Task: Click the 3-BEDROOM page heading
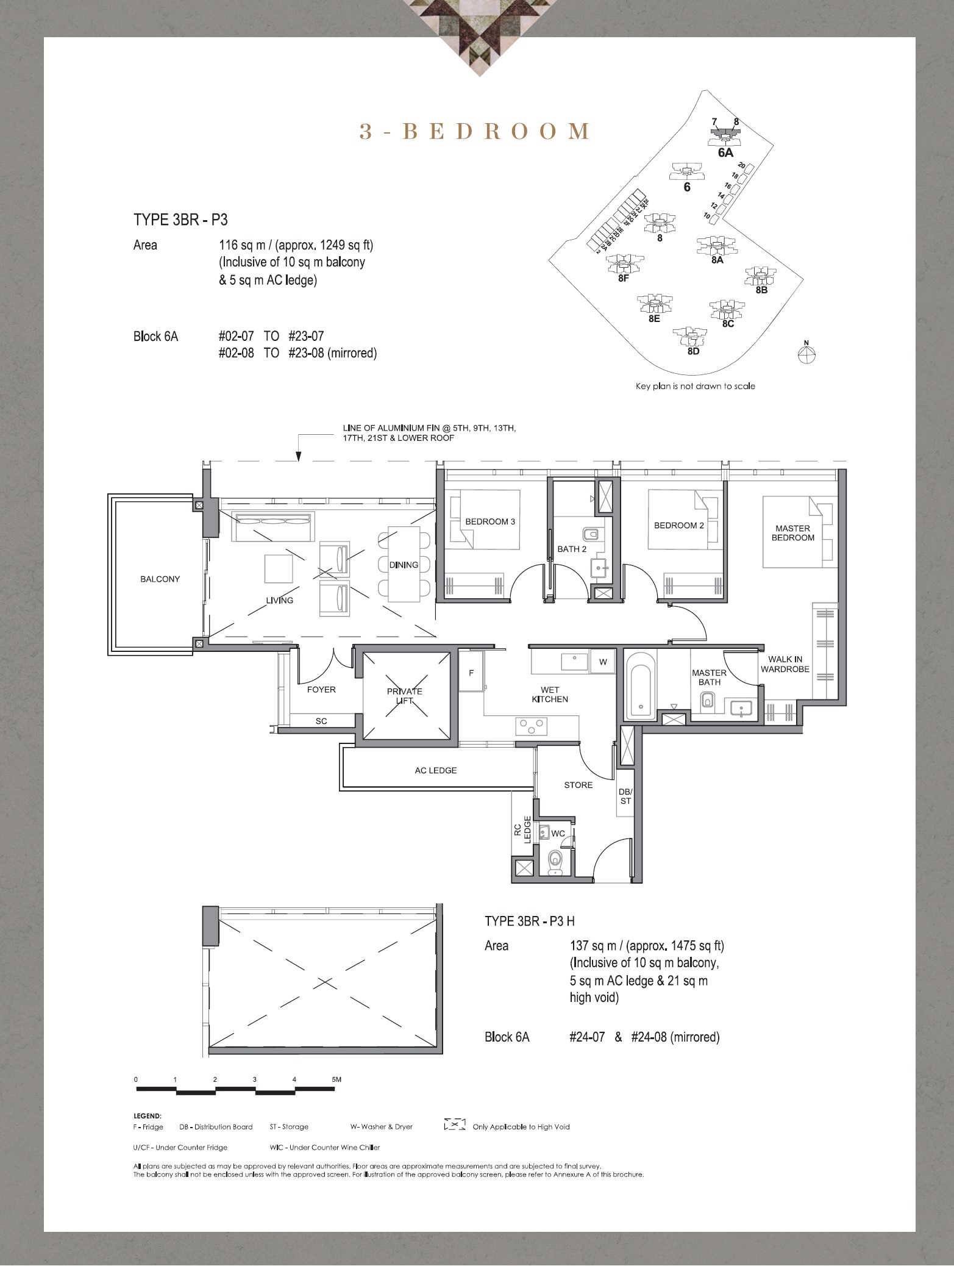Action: pyautogui.click(x=475, y=131)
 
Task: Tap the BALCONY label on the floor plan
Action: pyautogui.click(x=160, y=579)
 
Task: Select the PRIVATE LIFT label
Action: pyautogui.click(x=405, y=696)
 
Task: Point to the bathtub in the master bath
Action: pyautogui.click(x=639, y=685)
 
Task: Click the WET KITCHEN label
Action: pyautogui.click(x=550, y=695)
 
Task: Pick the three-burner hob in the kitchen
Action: pyautogui.click(x=532, y=726)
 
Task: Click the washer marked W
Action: pyautogui.click(x=603, y=662)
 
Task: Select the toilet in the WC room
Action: pyautogui.click(x=555, y=863)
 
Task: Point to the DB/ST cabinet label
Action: pyautogui.click(x=625, y=796)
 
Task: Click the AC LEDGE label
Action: pyautogui.click(x=436, y=770)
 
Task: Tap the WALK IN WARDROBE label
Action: pyautogui.click(x=785, y=664)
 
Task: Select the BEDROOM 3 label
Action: pyautogui.click(x=490, y=521)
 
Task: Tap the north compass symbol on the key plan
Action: pyautogui.click(x=806, y=353)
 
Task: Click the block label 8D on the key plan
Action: pyautogui.click(x=693, y=352)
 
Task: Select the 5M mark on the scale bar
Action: pyautogui.click(x=336, y=1079)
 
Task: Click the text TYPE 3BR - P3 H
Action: pyautogui.click(x=530, y=921)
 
